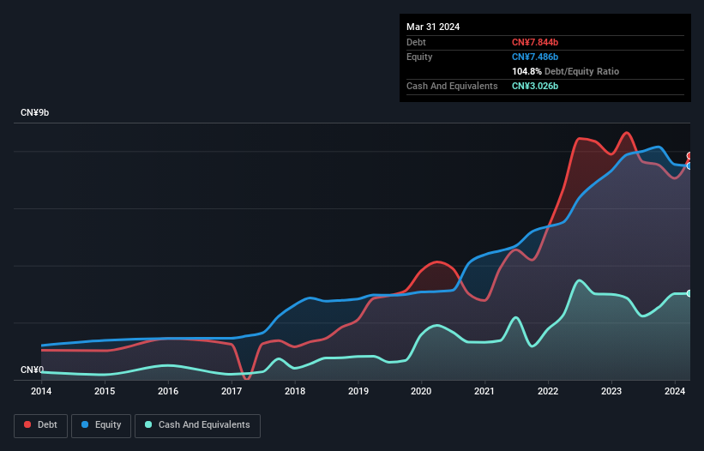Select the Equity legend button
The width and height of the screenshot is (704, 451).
(x=101, y=425)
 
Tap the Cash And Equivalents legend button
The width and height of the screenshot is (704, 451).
(x=197, y=425)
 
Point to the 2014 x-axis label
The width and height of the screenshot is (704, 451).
(x=41, y=392)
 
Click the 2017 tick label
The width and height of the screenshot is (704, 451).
(x=232, y=392)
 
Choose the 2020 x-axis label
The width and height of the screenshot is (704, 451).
(x=422, y=392)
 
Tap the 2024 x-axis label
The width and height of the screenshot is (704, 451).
(x=676, y=392)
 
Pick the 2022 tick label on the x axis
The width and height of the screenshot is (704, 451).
(x=549, y=392)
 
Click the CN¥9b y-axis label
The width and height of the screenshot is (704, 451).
(x=35, y=113)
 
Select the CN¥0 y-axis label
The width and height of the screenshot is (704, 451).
(x=33, y=370)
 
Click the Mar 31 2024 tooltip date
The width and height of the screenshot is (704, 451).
(x=433, y=27)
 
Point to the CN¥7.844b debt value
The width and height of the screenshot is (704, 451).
(x=537, y=42)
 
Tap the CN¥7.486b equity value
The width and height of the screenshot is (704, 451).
(x=536, y=57)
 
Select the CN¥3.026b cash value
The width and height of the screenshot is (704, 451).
(x=536, y=86)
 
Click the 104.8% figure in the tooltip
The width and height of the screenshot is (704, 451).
(x=527, y=71)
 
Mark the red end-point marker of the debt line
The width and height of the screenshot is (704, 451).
(x=689, y=156)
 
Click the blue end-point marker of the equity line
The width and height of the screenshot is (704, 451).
(x=689, y=165)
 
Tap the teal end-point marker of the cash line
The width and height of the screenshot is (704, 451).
(x=689, y=293)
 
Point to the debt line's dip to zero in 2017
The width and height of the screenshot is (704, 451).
(x=247, y=377)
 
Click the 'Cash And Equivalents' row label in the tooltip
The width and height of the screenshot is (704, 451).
(x=452, y=86)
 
